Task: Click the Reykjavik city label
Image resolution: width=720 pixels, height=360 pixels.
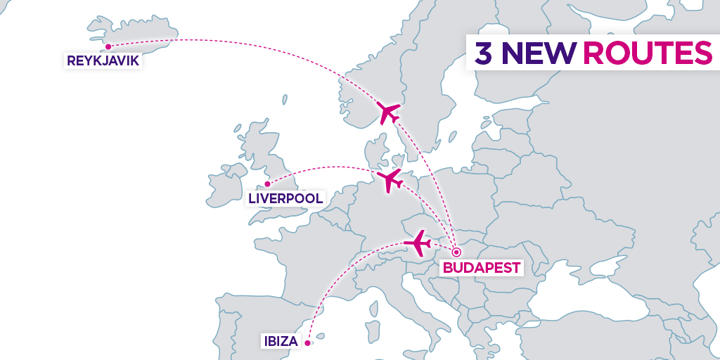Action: coord(103,61)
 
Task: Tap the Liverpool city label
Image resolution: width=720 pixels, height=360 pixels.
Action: coord(286,198)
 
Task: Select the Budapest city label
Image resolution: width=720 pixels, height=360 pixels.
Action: coord(482,267)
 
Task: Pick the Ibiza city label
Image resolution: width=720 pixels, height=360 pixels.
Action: coord(281,342)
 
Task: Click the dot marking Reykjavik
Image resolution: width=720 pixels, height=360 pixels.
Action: coord(108,47)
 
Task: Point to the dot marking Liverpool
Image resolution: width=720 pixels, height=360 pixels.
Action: coord(267,184)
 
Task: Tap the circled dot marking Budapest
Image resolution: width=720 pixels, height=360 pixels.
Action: coord(456,252)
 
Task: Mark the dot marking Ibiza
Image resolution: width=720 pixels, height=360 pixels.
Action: coord(308,343)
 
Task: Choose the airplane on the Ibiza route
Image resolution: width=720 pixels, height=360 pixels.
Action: coord(418,243)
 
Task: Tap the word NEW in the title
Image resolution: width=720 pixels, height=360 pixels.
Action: coord(540,53)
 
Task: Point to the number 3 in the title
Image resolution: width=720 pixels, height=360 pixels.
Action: coord(483,53)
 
